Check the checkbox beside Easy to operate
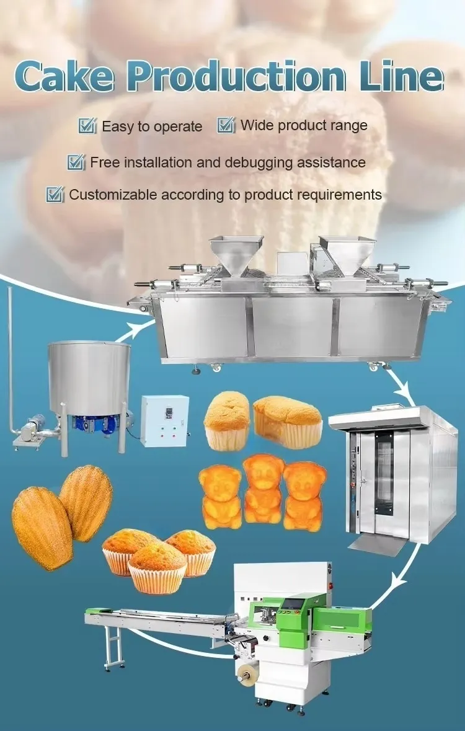(x=87, y=126)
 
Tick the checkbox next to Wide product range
(x=226, y=126)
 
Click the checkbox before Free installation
(x=76, y=162)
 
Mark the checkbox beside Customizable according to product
(x=55, y=195)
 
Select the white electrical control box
(x=164, y=420)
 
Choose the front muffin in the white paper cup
(x=157, y=569)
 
